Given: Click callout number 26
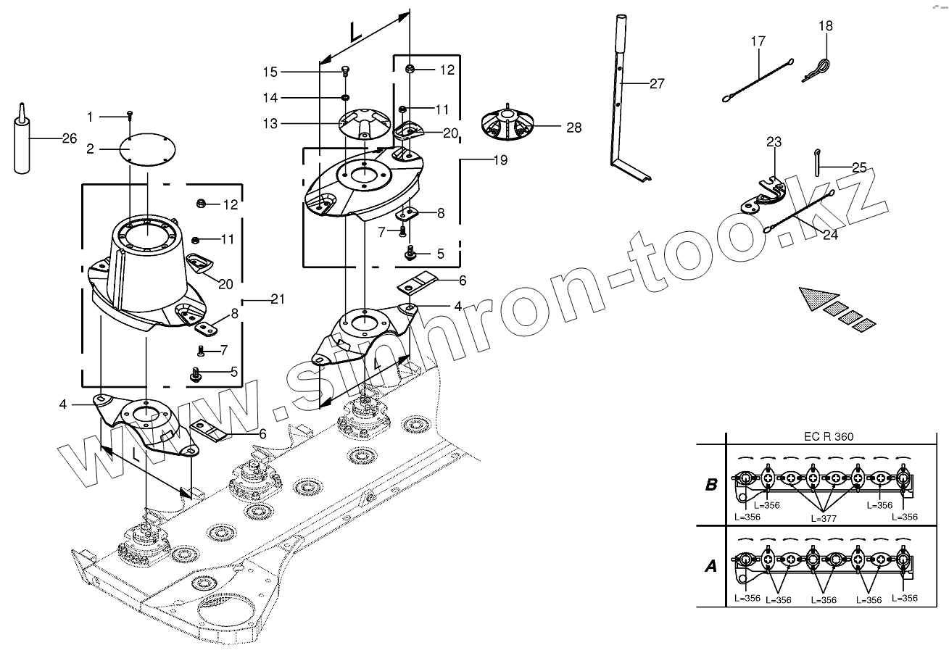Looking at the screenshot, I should pyautogui.click(x=69, y=138).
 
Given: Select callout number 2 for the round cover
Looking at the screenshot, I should pyautogui.click(x=90, y=149).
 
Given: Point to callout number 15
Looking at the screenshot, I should pyautogui.click(x=270, y=72).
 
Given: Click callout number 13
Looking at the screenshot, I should pyautogui.click(x=270, y=124).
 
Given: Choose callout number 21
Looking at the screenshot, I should pyautogui.click(x=278, y=299).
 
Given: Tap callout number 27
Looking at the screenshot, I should pyautogui.click(x=656, y=84).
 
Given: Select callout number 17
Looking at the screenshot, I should pyautogui.click(x=758, y=41).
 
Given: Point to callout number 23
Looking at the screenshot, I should pyautogui.click(x=774, y=143).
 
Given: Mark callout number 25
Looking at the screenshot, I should pyautogui.click(x=859, y=167).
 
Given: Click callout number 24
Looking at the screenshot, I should pyautogui.click(x=830, y=235).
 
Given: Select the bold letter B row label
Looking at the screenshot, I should pyautogui.click(x=710, y=485).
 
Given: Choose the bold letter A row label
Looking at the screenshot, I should pyautogui.click(x=710, y=566).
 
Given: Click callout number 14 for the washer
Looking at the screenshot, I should pyautogui.click(x=270, y=97).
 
